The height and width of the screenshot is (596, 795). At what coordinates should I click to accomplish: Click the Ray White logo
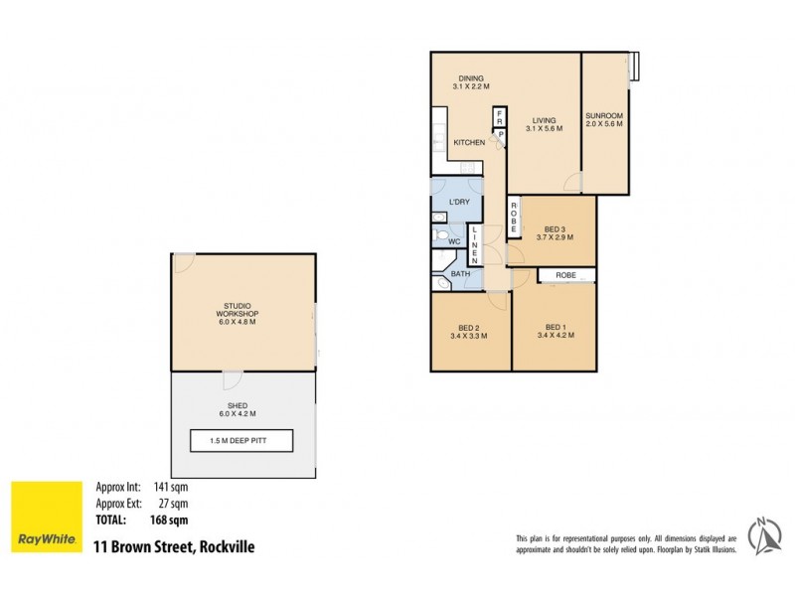[x=47, y=517]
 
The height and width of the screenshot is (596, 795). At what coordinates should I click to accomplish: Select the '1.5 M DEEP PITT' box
[x=241, y=441]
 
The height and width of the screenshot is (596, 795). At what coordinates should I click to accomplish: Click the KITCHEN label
[x=469, y=143]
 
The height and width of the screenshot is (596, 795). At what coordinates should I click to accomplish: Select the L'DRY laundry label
[x=459, y=203]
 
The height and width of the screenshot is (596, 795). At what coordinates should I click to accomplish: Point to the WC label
[x=453, y=241]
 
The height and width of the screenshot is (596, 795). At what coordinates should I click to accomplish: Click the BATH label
[x=460, y=273]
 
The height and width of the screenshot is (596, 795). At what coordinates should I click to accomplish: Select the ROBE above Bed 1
[x=566, y=274]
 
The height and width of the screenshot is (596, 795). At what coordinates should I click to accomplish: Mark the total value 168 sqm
[x=169, y=519]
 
